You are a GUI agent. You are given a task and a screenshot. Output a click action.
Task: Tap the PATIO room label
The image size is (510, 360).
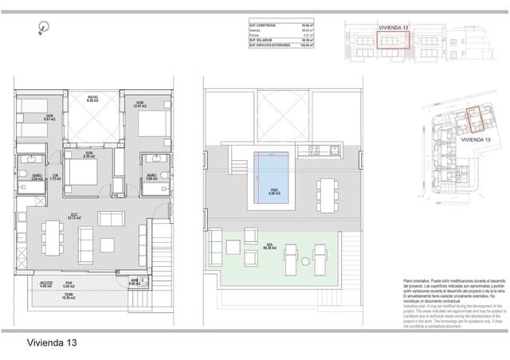[92, 100]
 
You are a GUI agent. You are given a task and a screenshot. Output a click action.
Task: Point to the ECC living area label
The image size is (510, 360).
[73, 216]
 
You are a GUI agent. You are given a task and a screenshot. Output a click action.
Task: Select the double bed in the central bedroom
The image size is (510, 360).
[87, 170]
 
